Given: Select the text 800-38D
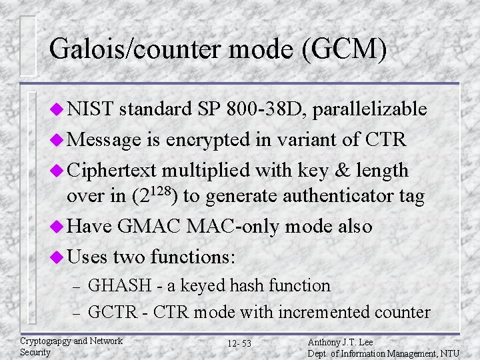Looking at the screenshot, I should (248, 109).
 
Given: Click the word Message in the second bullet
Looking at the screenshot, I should (103, 140).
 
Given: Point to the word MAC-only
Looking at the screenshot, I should (237, 227).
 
